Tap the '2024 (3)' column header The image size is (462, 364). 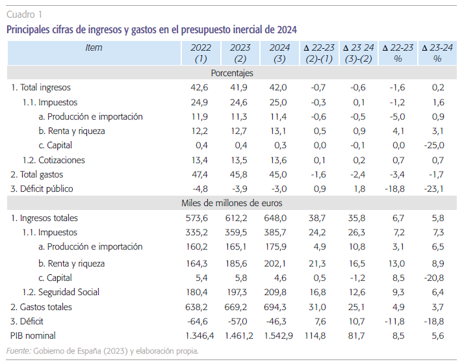[279, 53]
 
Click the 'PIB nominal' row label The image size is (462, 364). [33, 336]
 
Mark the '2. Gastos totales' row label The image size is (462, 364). [41, 307]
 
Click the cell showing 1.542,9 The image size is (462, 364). [279, 336]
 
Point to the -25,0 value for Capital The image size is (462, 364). [433, 145]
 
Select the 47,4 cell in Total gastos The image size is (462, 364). [201, 174]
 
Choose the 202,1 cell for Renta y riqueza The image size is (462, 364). [281, 263]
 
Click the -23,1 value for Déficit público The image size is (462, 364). [433, 189]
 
